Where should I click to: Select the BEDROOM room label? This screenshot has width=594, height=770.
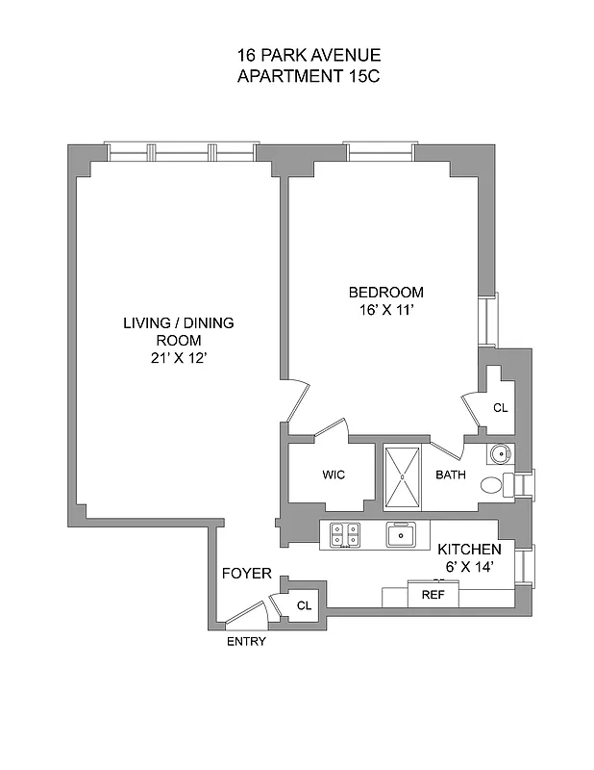click(x=385, y=293)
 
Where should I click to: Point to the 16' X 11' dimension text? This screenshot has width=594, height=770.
click(x=385, y=310)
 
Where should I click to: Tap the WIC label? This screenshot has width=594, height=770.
click(x=334, y=475)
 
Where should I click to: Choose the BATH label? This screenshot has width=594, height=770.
click(x=450, y=475)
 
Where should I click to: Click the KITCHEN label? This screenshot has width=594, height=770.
click(x=470, y=549)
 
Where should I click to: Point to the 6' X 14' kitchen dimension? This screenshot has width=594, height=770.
click(x=470, y=567)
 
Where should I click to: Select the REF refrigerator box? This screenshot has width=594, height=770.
click(x=433, y=595)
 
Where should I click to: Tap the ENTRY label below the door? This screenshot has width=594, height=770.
click(x=246, y=642)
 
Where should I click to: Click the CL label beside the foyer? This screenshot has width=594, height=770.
click(x=304, y=606)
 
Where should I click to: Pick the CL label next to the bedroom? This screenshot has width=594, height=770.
click(x=500, y=408)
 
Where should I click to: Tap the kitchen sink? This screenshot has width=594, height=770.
click(x=400, y=533)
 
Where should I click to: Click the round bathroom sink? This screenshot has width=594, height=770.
click(x=500, y=454)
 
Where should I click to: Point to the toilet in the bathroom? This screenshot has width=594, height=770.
click(x=492, y=485)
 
